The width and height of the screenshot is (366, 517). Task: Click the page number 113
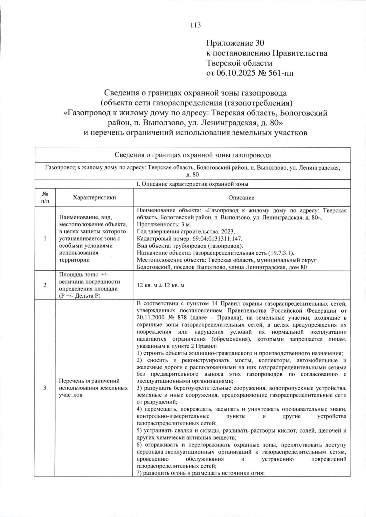coord(196,25)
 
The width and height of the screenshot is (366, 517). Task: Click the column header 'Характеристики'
coord(94,197)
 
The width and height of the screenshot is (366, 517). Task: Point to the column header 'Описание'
coord(241,198)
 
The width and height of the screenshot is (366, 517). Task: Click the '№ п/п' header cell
coord(45,197)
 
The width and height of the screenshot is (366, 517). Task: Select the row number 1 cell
coord(45,239)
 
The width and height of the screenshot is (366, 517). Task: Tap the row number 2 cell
coord(45,285)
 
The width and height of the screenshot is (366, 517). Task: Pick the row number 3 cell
coord(45,388)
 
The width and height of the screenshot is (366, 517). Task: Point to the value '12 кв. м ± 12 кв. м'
coord(161,285)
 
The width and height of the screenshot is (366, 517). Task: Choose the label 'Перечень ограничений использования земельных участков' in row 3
coord(93,388)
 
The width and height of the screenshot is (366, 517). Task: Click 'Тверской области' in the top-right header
coord(239,63)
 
